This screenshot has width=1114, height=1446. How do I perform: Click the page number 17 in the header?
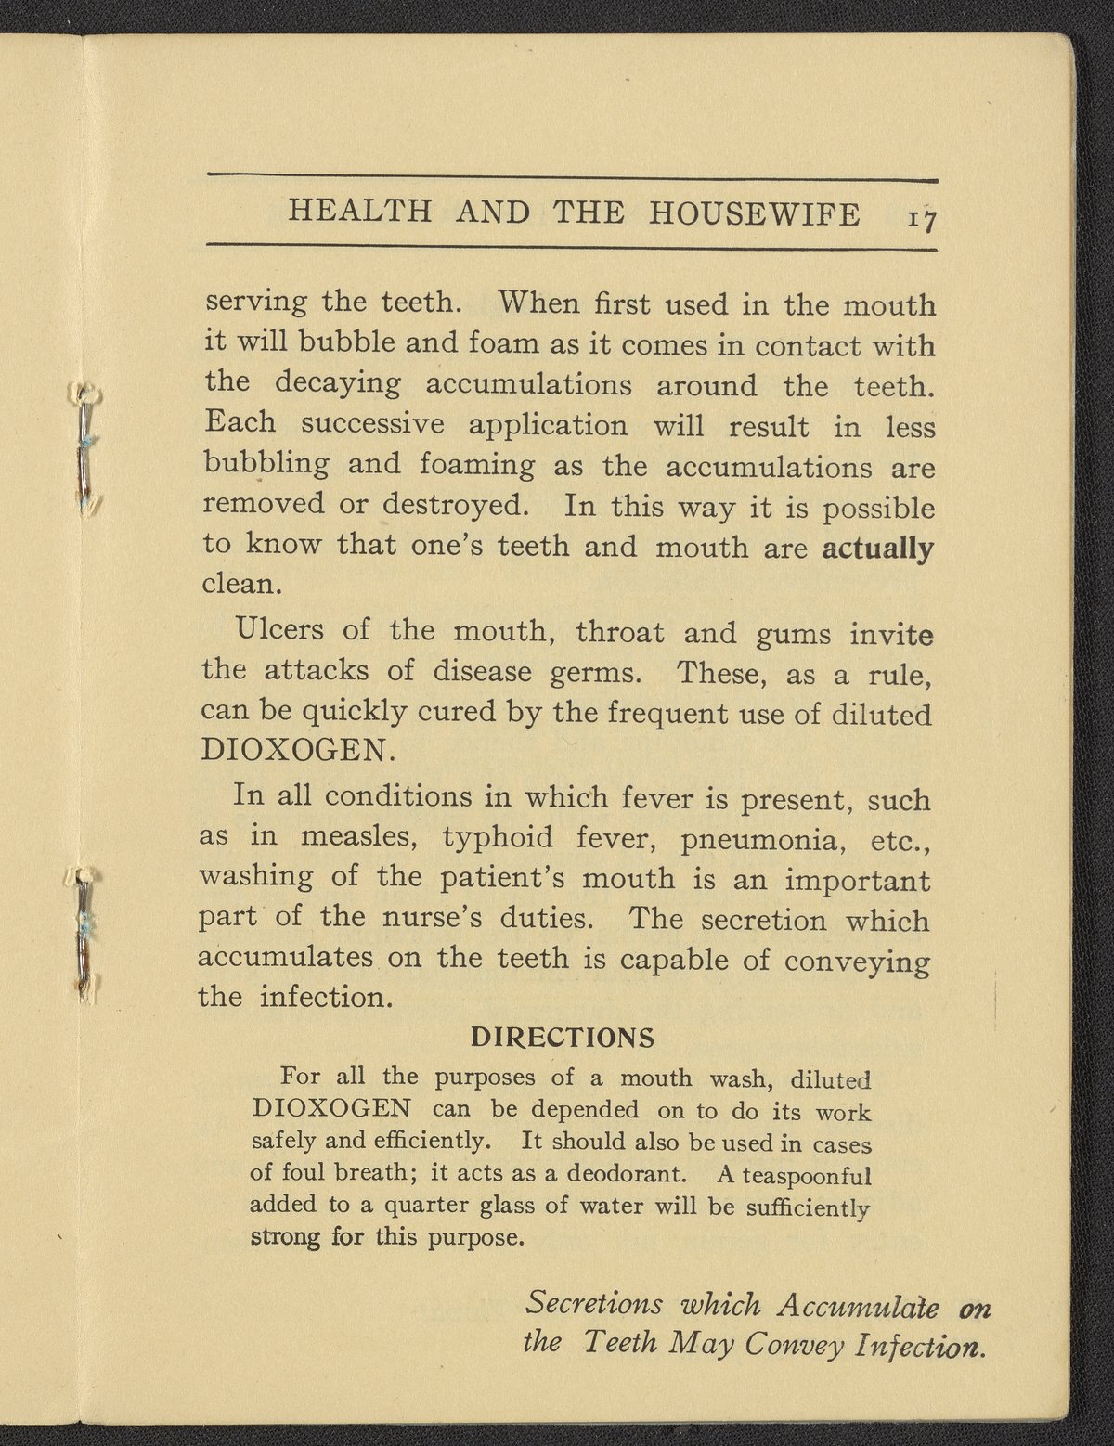point(922,218)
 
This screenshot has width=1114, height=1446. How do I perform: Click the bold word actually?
point(878,548)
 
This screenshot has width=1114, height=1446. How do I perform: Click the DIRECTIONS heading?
point(563,1036)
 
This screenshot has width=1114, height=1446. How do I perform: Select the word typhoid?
point(497,840)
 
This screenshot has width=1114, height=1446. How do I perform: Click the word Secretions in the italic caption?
point(594,1304)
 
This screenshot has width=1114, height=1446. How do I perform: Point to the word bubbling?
point(266,465)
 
